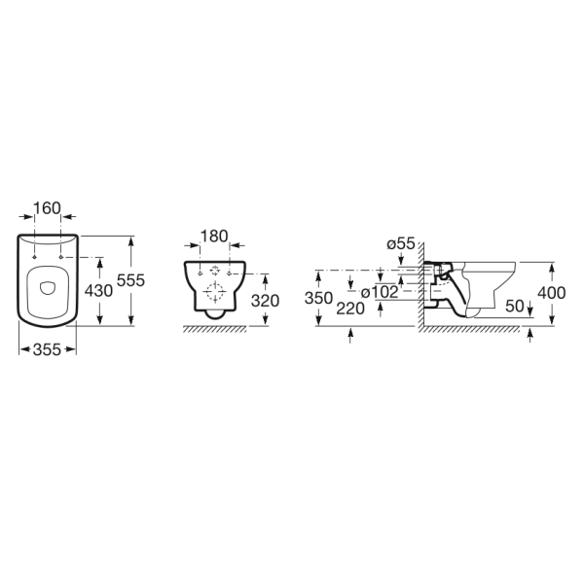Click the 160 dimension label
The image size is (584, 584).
click(47, 208)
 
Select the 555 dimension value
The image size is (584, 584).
click(130, 280)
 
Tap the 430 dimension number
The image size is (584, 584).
click(98, 290)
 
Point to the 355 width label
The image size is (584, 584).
click(47, 349)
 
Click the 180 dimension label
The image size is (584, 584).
click(214, 237)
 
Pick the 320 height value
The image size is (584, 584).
click(265, 301)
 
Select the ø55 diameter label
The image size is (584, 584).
click(401, 243)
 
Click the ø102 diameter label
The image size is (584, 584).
click(380, 292)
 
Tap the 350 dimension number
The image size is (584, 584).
click(318, 298)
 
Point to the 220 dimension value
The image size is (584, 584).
click(350, 309)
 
